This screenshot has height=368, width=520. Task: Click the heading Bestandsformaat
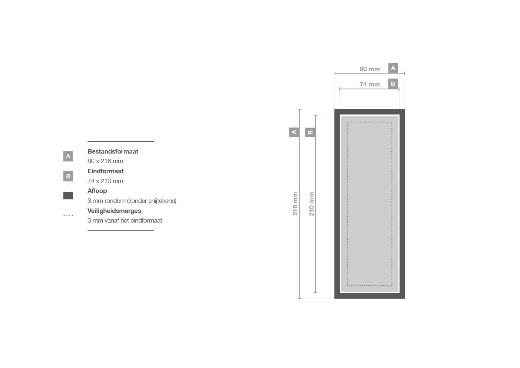point(113,151)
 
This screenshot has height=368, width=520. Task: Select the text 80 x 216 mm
point(105,161)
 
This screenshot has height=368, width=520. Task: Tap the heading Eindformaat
point(106,171)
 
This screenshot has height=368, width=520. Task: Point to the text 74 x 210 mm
point(105,181)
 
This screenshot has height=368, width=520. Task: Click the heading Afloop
point(97,191)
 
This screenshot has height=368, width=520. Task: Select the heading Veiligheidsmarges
point(114,211)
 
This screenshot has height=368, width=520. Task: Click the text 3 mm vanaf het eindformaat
point(125,220)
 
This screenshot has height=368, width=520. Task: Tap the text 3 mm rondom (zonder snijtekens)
point(132,201)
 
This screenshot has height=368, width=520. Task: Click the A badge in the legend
point(68,157)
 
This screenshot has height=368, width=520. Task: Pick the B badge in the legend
point(68,176)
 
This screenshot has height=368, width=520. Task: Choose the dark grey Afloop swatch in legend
point(68,196)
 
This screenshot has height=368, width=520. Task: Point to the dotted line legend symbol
point(68,216)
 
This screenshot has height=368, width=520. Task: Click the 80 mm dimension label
point(370,69)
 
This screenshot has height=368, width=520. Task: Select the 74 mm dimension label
point(370,84)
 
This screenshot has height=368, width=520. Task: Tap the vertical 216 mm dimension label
point(295,204)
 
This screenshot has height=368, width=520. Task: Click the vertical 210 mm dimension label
point(312,204)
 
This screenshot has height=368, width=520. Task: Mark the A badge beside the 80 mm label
point(393,68)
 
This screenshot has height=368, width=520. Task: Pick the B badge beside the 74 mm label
point(393,84)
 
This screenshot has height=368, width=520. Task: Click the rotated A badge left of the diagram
point(294,132)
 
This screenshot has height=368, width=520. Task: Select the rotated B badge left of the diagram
point(310,132)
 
